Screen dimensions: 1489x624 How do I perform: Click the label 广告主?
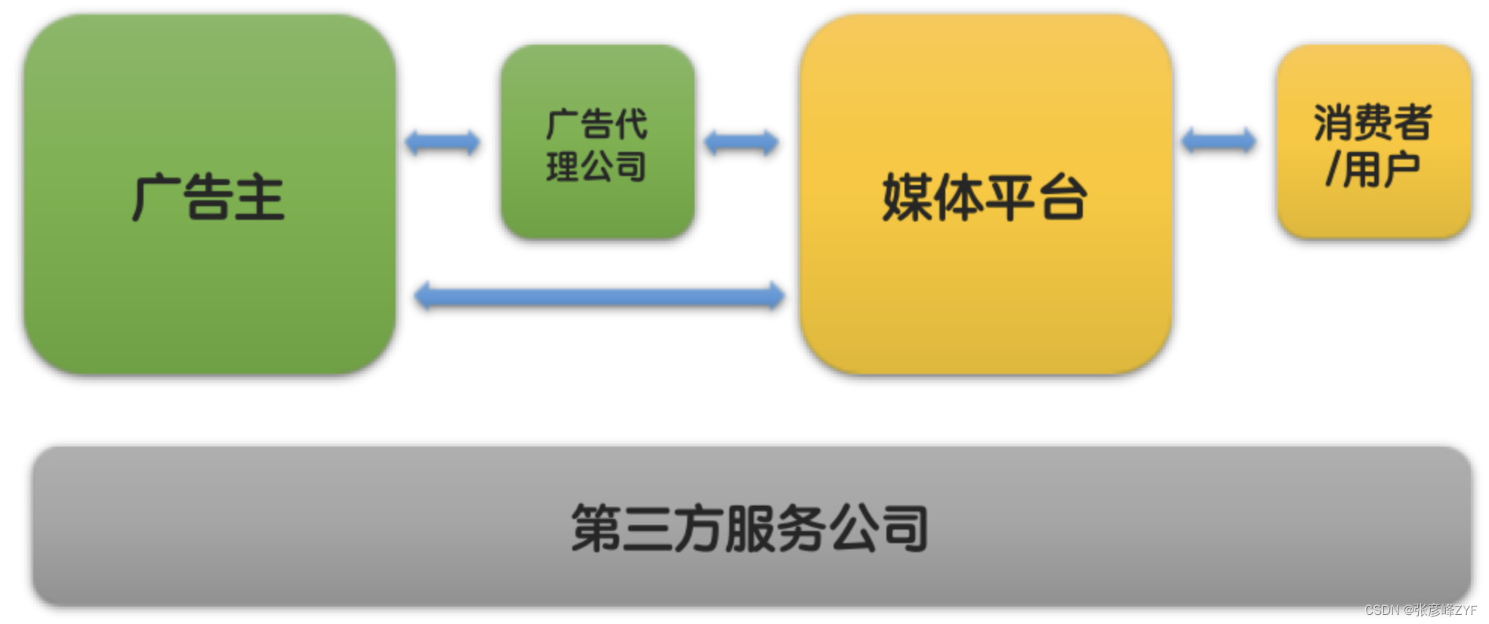pyautogui.click(x=208, y=198)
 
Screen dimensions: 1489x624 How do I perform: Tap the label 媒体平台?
pyautogui.click(x=985, y=198)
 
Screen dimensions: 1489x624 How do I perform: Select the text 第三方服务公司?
pyautogui.click(x=750, y=528)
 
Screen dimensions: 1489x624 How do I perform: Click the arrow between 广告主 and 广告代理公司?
pyautogui.click(x=442, y=142)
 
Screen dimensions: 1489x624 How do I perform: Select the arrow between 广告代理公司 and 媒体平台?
pyautogui.click(x=741, y=142)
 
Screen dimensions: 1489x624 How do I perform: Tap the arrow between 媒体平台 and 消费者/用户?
pyautogui.click(x=1218, y=141)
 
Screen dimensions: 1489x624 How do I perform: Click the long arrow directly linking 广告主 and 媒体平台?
pyautogui.click(x=599, y=295)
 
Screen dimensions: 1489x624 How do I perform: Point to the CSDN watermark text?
pyautogui.click(x=1420, y=610)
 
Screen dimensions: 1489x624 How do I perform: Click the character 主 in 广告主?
pyautogui.click(x=260, y=198)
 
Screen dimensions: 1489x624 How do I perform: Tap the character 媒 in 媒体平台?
pyautogui.click(x=908, y=198)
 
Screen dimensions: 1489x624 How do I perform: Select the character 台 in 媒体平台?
pyautogui.click(x=1063, y=198)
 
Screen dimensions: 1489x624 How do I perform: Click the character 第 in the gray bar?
pyautogui.click(x=597, y=528)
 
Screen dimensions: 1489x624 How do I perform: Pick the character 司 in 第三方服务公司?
pyautogui.click(x=905, y=528)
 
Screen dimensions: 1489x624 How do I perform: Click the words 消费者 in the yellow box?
pyautogui.click(x=1373, y=122)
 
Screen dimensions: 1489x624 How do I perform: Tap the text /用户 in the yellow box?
pyautogui.click(x=1373, y=169)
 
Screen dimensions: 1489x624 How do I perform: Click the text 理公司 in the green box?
pyautogui.click(x=597, y=166)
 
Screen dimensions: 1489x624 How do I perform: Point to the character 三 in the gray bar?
pyautogui.click(x=647, y=528)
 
